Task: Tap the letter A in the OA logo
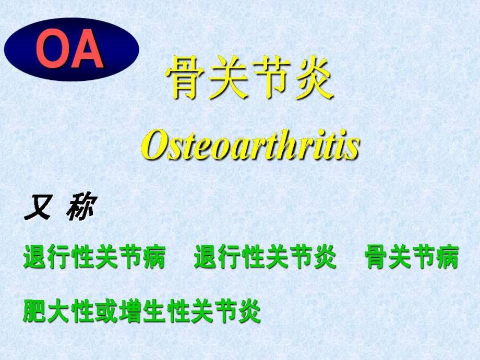point(87,51)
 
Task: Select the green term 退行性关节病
point(94,259)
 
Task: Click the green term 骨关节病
point(412,259)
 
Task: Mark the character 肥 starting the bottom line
point(33,312)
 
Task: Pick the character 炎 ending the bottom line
point(249,312)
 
